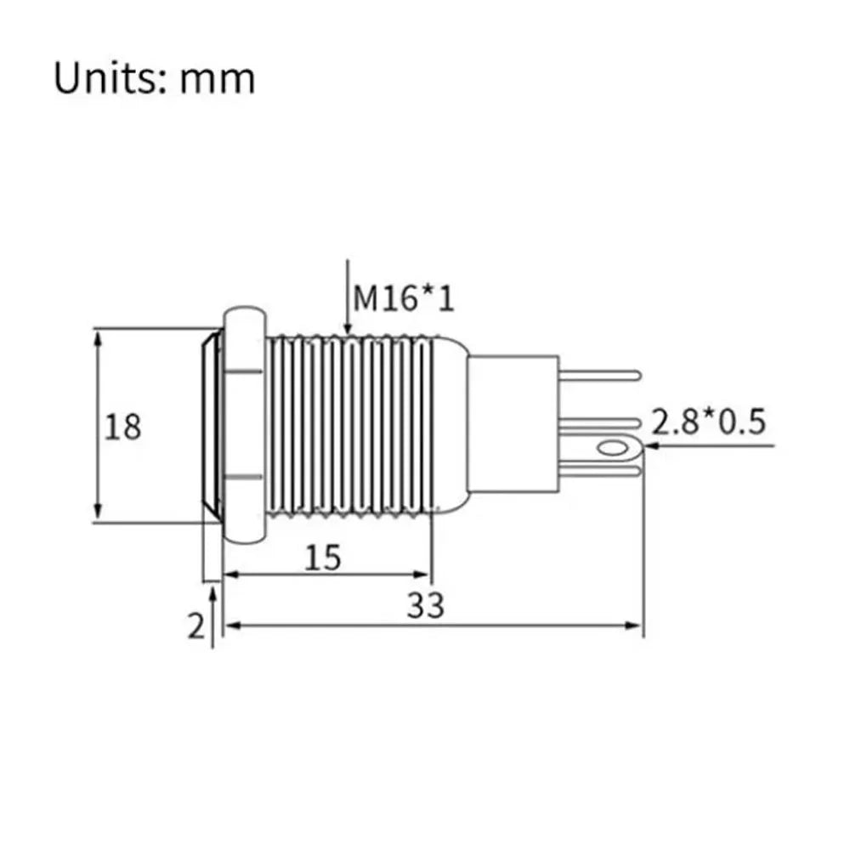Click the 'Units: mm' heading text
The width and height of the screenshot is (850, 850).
point(154,79)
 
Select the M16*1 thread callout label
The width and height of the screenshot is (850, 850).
point(403,298)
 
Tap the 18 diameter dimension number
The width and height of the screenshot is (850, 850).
point(122,426)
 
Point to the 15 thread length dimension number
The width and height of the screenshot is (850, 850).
point(323,558)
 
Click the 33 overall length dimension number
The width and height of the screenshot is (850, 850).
point(426,605)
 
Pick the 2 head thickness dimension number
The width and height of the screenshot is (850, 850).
point(196,626)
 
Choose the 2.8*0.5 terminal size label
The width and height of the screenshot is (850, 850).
point(708,422)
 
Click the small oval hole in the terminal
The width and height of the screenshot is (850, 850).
point(611,448)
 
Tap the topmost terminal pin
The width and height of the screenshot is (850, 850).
point(599,375)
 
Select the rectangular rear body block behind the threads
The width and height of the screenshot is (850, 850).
point(513,423)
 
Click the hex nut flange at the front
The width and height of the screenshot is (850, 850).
point(245,425)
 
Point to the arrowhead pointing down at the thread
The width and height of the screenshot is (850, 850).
point(348,326)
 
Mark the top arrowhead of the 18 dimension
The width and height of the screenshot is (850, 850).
point(98,339)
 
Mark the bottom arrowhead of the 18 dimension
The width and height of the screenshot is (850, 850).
point(98,513)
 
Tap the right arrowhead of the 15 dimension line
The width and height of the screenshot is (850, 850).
point(422,575)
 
